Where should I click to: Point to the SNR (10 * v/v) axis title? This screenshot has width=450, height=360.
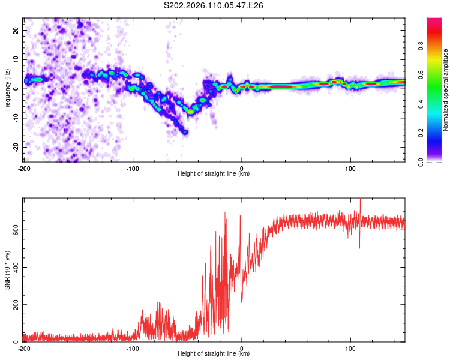click(x=7, y=269)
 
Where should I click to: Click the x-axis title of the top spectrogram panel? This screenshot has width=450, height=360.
click(x=214, y=174)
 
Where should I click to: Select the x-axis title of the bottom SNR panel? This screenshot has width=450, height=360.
click(x=214, y=354)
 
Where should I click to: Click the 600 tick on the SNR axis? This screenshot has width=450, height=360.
click(x=15, y=229)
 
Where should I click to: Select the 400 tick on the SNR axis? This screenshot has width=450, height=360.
click(x=15, y=267)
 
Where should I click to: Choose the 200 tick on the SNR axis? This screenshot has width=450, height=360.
click(x=15, y=305)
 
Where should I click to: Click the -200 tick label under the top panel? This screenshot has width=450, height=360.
click(x=24, y=168)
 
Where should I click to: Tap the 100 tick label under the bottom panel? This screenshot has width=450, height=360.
click(x=350, y=348)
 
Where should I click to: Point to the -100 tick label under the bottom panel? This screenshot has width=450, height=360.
click(x=133, y=348)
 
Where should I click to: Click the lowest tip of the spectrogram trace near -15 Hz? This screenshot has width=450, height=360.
click(x=185, y=132)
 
